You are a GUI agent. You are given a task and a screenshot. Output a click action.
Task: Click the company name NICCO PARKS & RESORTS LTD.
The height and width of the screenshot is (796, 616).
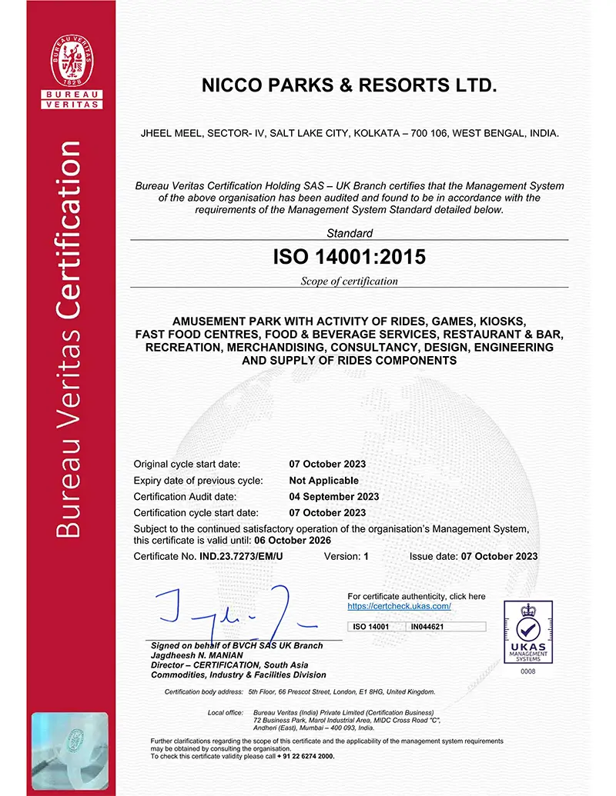[x=349, y=85]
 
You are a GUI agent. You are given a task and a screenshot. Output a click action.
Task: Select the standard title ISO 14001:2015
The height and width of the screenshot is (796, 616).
[x=349, y=258]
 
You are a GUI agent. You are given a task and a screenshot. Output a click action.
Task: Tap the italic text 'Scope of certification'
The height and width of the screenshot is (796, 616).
[x=349, y=281]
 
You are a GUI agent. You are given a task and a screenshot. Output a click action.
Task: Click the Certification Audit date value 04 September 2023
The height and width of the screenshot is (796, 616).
[x=333, y=496]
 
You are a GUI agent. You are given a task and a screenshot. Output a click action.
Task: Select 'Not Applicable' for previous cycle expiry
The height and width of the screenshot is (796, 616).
[x=323, y=480]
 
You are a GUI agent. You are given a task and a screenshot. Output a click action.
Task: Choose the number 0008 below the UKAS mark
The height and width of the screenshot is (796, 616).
[x=527, y=671]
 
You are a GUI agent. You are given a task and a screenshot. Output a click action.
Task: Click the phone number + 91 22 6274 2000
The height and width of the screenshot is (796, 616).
[x=306, y=757]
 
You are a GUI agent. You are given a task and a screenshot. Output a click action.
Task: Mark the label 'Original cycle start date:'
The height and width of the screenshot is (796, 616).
[x=187, y=464]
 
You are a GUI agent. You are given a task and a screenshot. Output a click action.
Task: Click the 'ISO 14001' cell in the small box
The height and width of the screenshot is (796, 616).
[x=370, y=627]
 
